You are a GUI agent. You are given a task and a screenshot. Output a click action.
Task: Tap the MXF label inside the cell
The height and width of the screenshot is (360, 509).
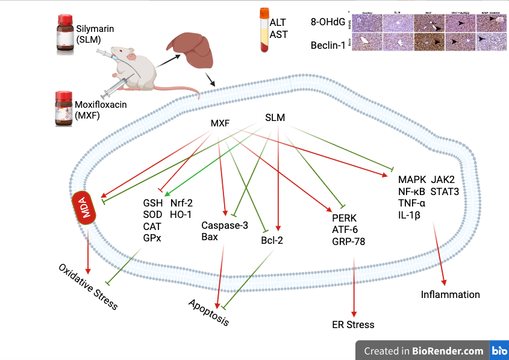pyautogui.click(x=221, y=123)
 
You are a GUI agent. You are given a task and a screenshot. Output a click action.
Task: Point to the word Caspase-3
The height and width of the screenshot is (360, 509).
pyautogui.click(x=225, y=225)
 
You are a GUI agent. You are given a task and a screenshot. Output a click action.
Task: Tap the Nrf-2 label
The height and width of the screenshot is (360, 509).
pyautogui.click(x=182, y=202)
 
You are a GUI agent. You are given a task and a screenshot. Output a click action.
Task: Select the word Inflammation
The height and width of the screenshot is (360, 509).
pyautogui.click(x=451, y=294)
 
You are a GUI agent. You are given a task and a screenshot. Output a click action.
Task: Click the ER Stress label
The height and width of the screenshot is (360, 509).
pyautogui.click(x=353, y=324)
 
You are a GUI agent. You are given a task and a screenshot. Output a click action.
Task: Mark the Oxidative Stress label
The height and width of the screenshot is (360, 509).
pyautogui.click(x=88, y=286)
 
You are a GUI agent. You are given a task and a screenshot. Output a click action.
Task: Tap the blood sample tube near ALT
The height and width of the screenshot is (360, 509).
pyautogui.click(x=263, y=29)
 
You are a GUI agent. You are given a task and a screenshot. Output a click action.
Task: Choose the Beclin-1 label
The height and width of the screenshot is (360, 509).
pyautogui.click(x=327, y=45)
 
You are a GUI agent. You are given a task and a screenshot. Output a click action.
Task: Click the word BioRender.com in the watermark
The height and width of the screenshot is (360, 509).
pyautogui.click(x=448, y=350)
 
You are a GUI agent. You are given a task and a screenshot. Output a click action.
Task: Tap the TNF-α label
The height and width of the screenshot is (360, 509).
pyautogui.click(x=412, y=203)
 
